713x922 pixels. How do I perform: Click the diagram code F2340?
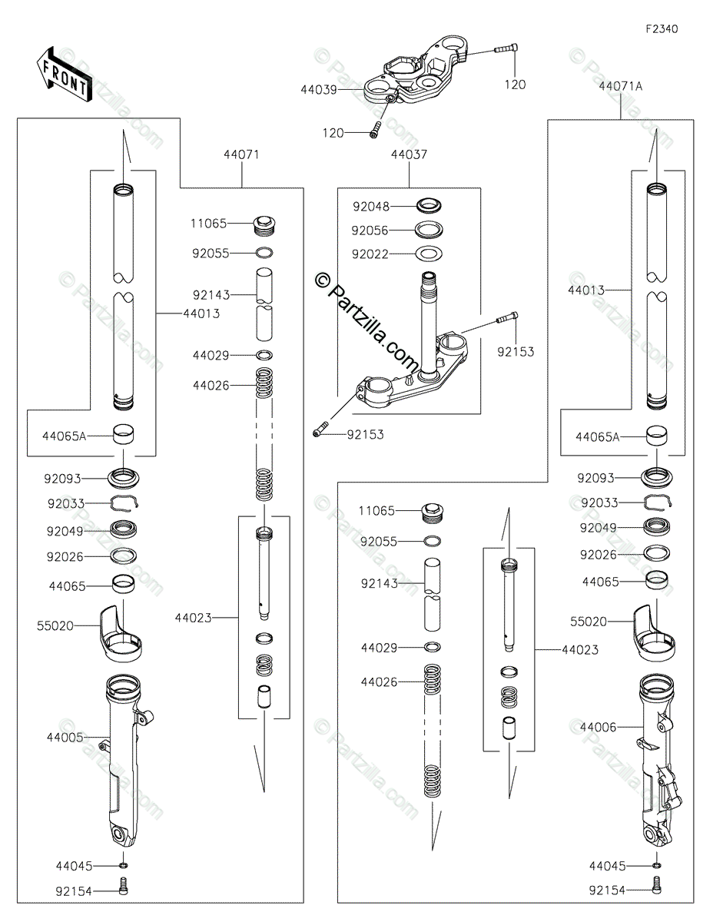pyautogui.click(x=662, y=29)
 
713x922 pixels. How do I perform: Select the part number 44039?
pyautogui.click(x=319, y=90)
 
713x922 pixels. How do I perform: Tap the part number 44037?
pyautogui.click(x=409, y=154)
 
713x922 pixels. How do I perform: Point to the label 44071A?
pyautogui.click(x=621, y=87)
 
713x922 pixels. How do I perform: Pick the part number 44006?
pyautogui.click(x=598, y=726)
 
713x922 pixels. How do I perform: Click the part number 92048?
pyautogui.click(x=371, y=207)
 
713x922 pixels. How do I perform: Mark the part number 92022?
pyautogui.click(x=371, y=254)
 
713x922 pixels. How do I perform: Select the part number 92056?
pyautogui.click(x=371, y=230)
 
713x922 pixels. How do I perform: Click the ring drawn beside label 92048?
pyautogui.click(x=430, y=206)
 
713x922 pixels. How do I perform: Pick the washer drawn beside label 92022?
pyautogui.click(x=430, y=254)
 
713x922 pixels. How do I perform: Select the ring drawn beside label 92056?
pyautogui.click(x=430, y=230)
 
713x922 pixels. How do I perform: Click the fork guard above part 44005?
pyautogui.click(x=121, y=634)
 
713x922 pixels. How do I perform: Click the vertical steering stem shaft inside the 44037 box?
pyautogui.click(x=428, y=323)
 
